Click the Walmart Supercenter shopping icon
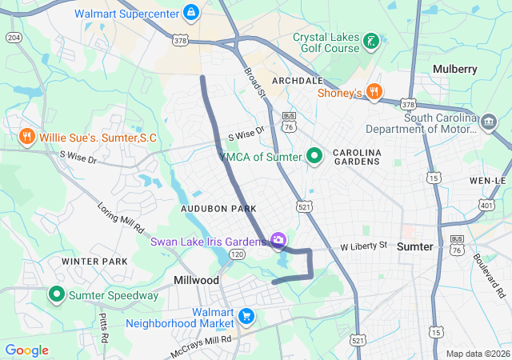tap(191, 14)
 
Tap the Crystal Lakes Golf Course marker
tap(370, 39)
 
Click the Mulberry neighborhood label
tap(454, 69)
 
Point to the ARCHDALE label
tap(297, 81)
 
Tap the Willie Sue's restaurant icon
tap(27, 137)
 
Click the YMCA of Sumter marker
tap(314, 155)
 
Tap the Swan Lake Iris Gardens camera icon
tap(278, 240)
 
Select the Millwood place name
tap(196, 280)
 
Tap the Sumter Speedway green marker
tap(57, 294)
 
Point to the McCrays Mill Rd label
tap(200, 346)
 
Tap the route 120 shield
tap(237, 254)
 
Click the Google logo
tap(26, 350)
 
